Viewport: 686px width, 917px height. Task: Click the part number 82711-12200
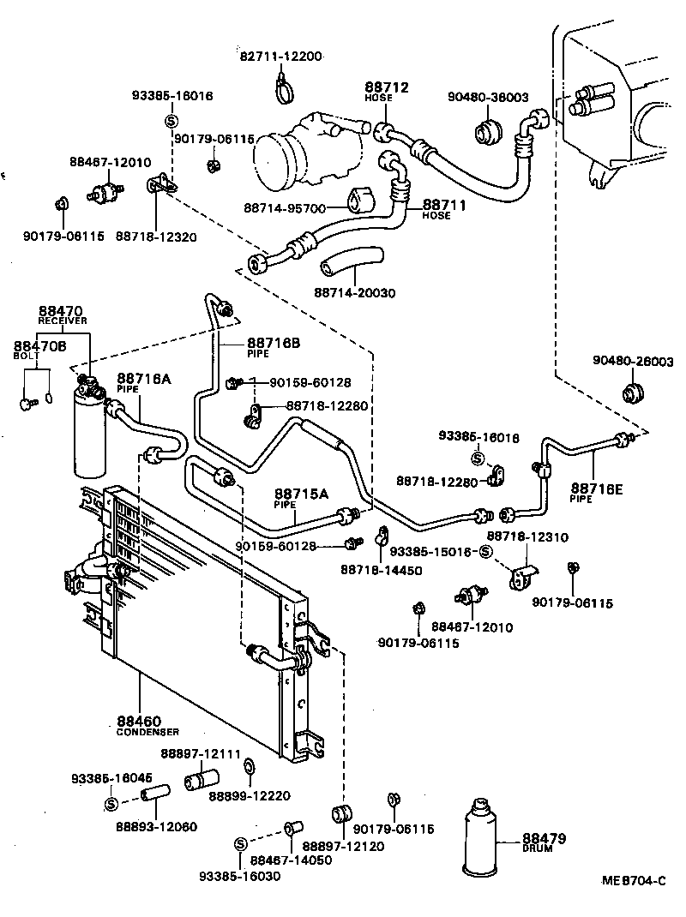pos(280,57)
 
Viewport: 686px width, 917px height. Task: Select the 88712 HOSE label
pos(386,92)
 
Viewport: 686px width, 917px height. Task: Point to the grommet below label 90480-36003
pos(488,131)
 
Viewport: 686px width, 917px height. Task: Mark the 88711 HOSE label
pos(442,209)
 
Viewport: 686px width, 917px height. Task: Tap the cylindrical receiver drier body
pos(90,433)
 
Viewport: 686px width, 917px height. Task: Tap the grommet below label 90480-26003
pos(631,394)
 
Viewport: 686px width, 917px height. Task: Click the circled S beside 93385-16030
pos(240,844)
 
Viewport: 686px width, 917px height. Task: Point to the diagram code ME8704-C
pos(633,881)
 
